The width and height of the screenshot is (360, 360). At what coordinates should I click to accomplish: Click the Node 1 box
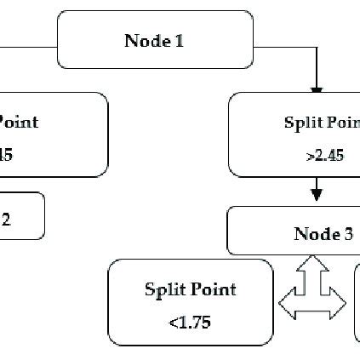155,40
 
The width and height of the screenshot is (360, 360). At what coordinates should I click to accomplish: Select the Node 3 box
294,231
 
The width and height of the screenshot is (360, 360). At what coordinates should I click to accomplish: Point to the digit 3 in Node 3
348,231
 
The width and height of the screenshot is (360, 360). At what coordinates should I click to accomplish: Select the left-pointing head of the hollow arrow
288,302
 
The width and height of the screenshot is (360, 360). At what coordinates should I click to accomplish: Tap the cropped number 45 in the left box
7,155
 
